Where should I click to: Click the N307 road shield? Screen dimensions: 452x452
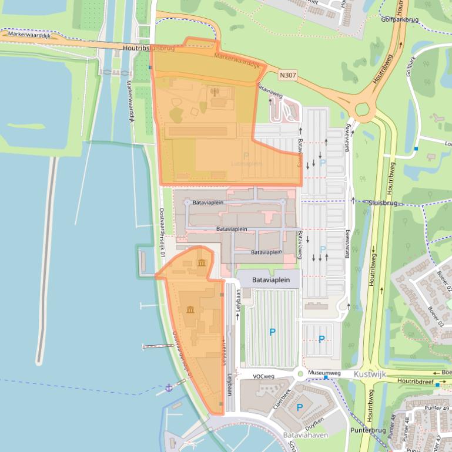click(x=287, y=75)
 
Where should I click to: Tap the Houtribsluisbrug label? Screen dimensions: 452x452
click(x=149, y=49)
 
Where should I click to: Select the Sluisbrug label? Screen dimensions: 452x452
click(x=383, y=203)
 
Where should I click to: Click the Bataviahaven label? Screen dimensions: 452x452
click(x=306, y=435)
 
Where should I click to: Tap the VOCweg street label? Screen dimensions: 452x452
click(x=264, y=376)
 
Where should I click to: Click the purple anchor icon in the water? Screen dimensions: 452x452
click(x=169, y=387)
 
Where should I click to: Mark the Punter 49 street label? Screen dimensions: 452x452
click(x=436, y=409)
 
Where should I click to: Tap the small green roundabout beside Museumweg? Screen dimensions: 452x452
click(x=300, y=373)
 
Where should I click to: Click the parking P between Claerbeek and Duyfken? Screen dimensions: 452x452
click(x=299, y=407)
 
